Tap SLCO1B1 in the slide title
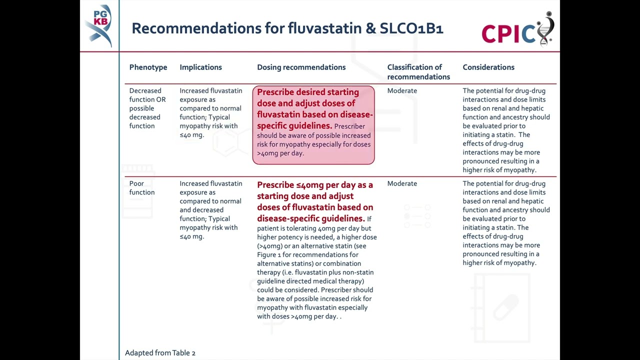411,28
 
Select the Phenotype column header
148,67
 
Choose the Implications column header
200,67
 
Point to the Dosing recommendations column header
301,67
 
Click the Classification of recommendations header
418,72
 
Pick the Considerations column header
488,67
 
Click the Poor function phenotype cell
142,188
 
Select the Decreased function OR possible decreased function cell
147,108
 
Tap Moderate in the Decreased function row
402,90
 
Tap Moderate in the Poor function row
402,183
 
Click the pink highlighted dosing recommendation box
313,125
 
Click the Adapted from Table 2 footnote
160,353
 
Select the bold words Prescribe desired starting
307,92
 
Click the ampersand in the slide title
370,28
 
